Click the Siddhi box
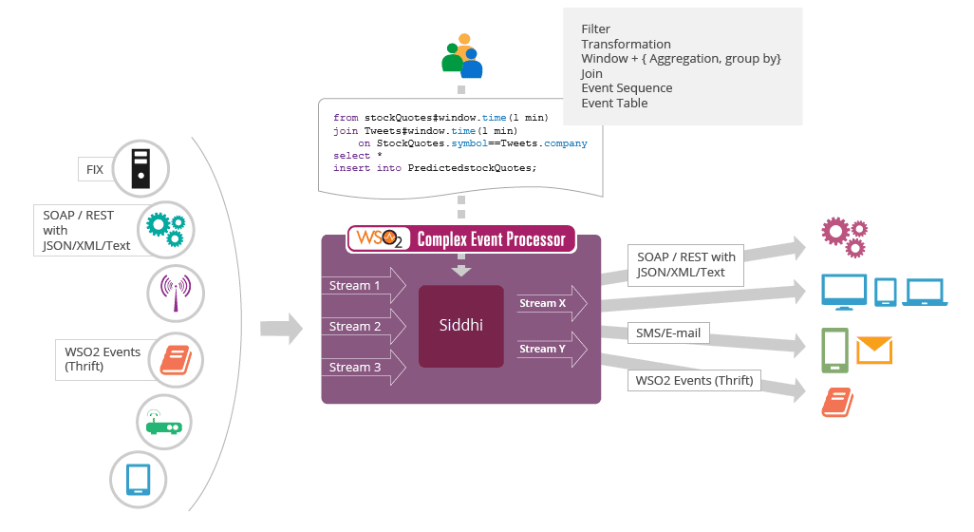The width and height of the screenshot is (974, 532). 460,326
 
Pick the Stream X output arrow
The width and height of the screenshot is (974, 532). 552,304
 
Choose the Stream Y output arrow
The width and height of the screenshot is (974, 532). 552,349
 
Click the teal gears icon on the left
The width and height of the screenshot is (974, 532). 166,229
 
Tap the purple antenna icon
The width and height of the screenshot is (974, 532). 176,293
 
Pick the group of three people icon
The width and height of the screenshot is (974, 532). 461,56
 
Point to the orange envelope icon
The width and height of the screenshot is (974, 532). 874,350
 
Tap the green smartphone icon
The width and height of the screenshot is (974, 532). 834,351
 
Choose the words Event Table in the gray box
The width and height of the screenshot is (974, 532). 614,103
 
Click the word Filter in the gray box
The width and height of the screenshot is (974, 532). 595,29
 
